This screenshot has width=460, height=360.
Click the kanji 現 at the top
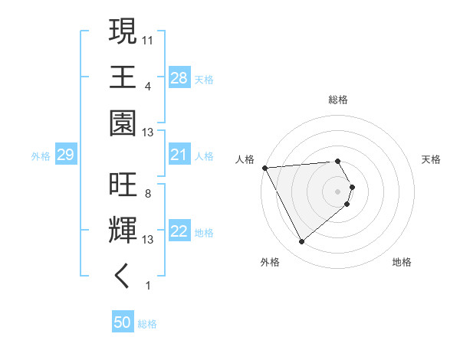[x=123, y=32]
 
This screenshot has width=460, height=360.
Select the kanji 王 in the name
[x=123, y=77]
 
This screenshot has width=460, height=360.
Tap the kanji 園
[x=123, y=123]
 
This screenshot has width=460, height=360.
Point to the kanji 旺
[x=123, y=185]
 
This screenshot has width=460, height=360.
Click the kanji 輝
[x=123, y=231]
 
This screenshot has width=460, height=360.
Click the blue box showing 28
[x=179, y=78]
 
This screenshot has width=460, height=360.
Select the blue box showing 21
[x=179, y=155]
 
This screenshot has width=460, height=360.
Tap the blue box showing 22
[x=179, y=232]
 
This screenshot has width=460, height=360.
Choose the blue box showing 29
[x=65, y=155]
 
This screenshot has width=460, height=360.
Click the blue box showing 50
[x=123, y=322]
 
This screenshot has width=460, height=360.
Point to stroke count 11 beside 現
[x=148, y=39]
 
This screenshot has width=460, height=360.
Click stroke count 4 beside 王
[x=147, y=85]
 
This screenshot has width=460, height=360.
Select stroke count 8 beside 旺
[x=147, y=193]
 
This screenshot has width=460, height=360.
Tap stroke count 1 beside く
[x=147, y=285]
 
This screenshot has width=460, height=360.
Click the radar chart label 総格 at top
[x=338, y=100]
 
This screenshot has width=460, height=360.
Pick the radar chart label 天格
[x=431, y=159]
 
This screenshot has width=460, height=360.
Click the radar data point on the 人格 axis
[x=264, y=167]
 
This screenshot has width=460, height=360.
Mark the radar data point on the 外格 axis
[x=301, y=241]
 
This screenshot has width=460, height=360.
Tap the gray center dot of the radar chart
[x=338, y=191]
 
